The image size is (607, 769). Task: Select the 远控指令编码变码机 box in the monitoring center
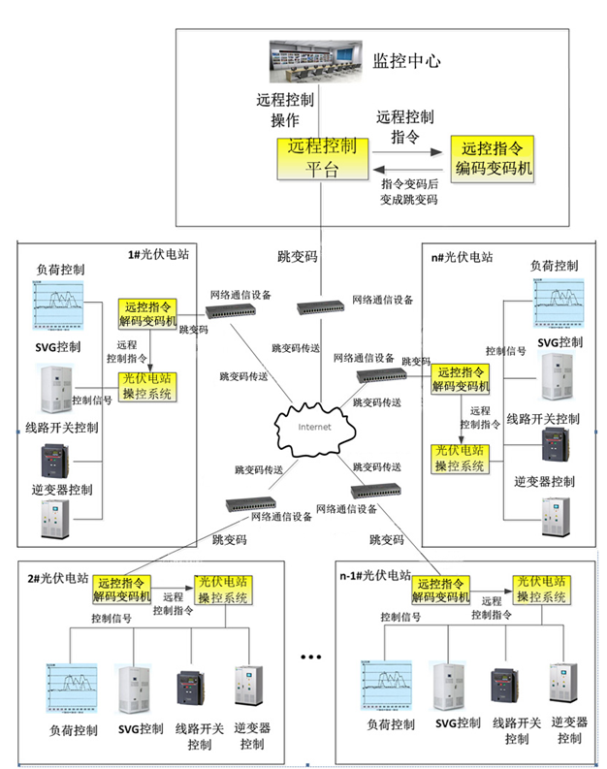click(492, 159)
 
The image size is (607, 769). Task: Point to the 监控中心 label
click(407, 61)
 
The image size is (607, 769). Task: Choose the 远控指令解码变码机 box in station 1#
click(147, 312)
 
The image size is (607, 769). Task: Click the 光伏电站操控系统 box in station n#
click(461, 458)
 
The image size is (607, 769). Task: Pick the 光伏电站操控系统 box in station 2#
click(224, 590)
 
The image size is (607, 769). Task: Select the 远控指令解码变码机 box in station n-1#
click(443, 590)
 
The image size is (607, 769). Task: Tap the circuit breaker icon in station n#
click(559, 444)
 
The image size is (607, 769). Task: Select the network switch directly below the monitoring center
click(320, 305)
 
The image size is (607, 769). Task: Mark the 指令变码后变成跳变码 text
click(410, 191)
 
